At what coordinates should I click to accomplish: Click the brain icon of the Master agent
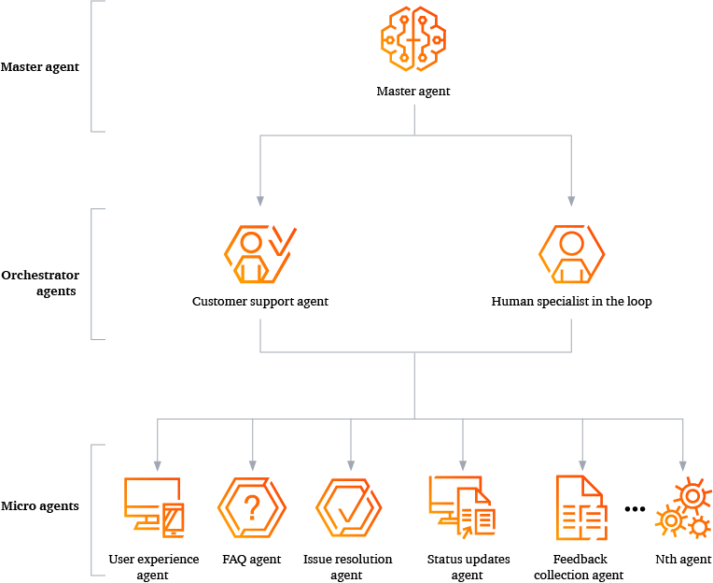pos(413,38)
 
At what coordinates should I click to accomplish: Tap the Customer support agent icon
pos(259,254)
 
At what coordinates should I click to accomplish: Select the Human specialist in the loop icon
pos(571,254)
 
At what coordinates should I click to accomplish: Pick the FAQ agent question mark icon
pos(251,508)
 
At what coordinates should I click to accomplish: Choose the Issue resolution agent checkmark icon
pos(348,508)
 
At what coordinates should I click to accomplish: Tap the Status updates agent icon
pos(462,506)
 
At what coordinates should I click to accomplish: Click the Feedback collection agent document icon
pos(580,507)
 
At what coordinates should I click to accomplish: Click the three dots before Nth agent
pos(635,509)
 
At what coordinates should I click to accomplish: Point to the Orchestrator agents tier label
pos(40,283)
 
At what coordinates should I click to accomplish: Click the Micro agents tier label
pos(40,506)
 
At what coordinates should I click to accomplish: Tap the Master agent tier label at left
pos(40,67)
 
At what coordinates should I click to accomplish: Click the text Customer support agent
pos(260,302)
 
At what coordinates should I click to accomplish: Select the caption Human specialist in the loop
pos(571,302)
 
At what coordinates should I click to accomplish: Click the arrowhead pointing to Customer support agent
pos(260,200)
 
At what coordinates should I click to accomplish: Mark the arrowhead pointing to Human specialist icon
pos(571,200)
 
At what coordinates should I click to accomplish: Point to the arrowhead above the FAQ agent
pos(252,464)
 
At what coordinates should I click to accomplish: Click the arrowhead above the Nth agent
pos(682,464)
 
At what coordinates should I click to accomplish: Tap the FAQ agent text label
pos(251,560)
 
